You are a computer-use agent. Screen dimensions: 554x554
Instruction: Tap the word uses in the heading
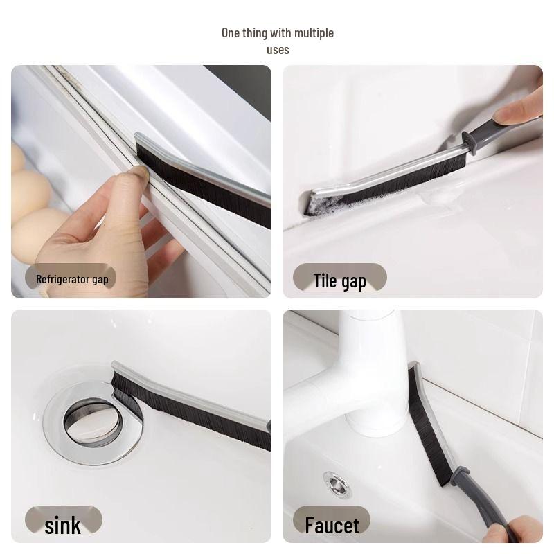pyautogui.click(x=278, y=50)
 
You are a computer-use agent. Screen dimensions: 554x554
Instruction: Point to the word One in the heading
pyautogui.click(x=231, y=33)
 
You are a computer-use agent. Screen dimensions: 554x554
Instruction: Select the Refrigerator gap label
pyautogui.click(x=72, y=280)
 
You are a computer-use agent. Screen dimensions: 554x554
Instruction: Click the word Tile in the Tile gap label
pyautogui.click(x=325, y=280)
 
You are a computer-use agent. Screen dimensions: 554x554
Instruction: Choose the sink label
pyautogui.click(x=62, y=525)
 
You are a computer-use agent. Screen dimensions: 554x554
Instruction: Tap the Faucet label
pyautogui.click(x=332, y=525)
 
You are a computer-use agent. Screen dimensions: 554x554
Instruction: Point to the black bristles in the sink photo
pyautogui.click(x=201, y=415)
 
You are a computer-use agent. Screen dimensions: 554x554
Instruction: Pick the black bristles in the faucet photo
pyautogui.click(x=424, y=429)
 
